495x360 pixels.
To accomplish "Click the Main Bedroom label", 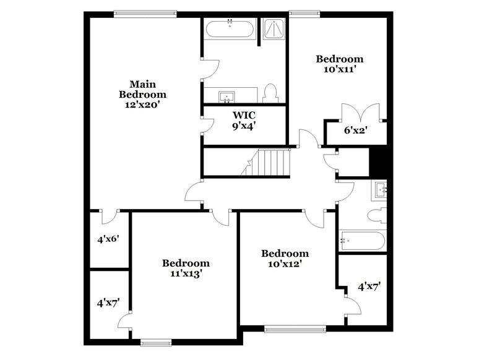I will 142,94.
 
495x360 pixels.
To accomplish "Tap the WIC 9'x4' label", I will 244,120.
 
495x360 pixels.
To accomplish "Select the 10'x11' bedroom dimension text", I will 340,70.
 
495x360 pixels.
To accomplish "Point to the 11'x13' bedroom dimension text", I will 186,273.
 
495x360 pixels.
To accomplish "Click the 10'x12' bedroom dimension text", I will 285,264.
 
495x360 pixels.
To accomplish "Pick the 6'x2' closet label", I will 355,131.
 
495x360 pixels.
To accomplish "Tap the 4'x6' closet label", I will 108,239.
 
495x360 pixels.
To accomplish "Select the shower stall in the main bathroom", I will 272,30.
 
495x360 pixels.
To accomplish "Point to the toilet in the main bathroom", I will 270,93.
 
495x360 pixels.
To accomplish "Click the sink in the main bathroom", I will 227,96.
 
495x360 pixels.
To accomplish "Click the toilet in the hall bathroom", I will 376,215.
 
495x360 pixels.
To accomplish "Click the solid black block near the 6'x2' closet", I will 377,163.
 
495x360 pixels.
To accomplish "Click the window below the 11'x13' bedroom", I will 156,341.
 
